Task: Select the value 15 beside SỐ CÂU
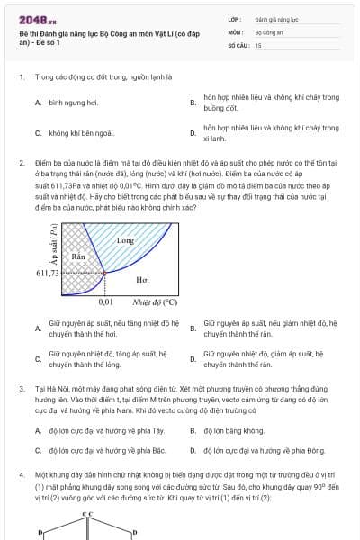[258, 44]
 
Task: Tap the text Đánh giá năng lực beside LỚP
[276, 18]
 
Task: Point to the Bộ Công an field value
[269, 31]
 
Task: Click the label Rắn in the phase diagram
[78, 256]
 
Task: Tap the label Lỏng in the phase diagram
[125, 241]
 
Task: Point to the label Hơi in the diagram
[142, 280]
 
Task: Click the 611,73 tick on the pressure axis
[47, 272]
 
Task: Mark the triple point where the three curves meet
[105, 272]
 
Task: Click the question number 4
[22, 472]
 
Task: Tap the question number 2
[22, 163]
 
